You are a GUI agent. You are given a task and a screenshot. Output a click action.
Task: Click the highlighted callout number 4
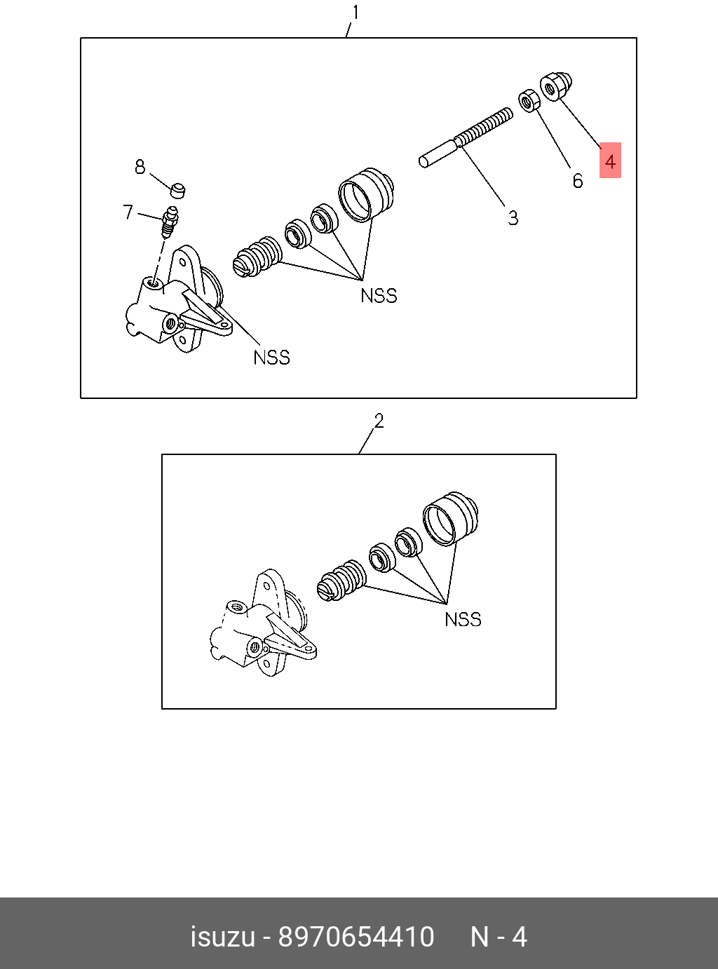click(x=610, y=161)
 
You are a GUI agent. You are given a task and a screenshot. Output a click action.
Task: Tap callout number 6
click(x=577, y=181)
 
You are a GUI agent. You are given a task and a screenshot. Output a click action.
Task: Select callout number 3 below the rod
click(x=513, y=218)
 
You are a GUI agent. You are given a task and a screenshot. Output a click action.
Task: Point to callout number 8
click(x=140, y=167)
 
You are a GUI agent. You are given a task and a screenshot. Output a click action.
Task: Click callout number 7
click(x=128, y=212)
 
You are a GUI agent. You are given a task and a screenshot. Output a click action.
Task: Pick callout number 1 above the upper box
click(x=355, y=13)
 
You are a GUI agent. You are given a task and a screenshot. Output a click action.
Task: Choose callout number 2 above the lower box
click(x=379, y=421)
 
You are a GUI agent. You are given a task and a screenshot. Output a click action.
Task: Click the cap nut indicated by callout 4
click(x=557, y=87)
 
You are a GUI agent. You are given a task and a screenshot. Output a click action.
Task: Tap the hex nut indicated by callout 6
click(x=529, y=100)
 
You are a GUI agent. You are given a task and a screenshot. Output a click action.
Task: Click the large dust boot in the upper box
click(x=366, y=194)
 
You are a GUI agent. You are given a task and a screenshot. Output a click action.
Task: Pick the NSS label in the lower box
click(x=463, y=619)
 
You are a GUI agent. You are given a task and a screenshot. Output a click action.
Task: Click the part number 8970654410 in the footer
click(x=356, y=937)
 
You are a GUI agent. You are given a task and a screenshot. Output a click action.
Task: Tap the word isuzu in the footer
click(x=222, y=937)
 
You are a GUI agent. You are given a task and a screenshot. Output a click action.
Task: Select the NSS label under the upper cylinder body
click(x=271, y=358)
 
